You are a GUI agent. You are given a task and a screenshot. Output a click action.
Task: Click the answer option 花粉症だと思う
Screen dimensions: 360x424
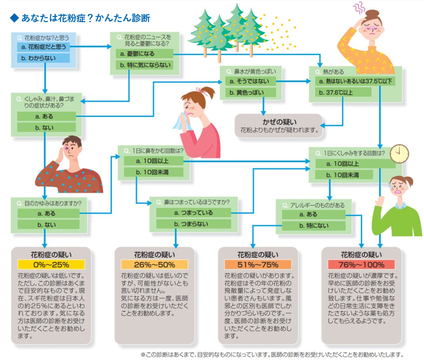click(x=44, y=47)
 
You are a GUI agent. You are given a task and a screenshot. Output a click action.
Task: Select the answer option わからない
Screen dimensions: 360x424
click(x=44, y=58)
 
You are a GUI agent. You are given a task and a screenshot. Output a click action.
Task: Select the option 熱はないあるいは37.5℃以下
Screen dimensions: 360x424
click(x=357, y=81)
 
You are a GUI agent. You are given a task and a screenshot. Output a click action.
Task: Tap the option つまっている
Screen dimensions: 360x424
click(x=193, y=213)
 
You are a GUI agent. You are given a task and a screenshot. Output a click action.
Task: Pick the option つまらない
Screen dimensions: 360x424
click(x=193, y=225)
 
